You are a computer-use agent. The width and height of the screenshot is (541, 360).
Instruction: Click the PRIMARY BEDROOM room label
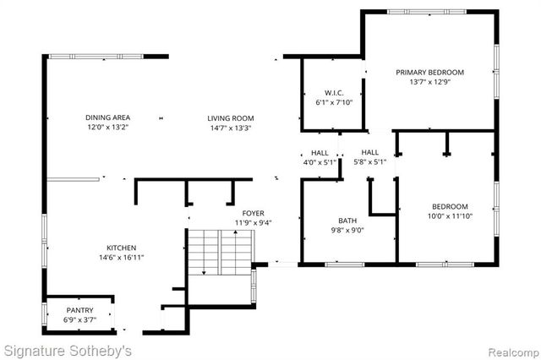[x=430, y=72]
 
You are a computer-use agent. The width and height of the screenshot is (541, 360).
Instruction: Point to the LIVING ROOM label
[x=230, y=117]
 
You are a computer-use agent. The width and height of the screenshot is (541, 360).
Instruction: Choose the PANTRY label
[x=80, y=309]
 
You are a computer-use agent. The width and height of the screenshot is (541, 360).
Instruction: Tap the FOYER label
[x=253, y=213]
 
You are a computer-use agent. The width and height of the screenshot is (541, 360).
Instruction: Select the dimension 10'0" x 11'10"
[x=450, y=216]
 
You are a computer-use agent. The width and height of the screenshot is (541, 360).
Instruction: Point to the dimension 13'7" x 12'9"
[x=430, y=82]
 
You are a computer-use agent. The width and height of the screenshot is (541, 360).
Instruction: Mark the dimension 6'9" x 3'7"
[x=80, y=319]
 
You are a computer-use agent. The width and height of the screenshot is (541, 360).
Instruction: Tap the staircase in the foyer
[x=220, y=251]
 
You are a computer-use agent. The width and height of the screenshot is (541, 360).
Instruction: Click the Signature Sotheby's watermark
[x=67, y=348]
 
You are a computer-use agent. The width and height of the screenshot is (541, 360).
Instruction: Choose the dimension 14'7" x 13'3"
[x=230, y=128]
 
